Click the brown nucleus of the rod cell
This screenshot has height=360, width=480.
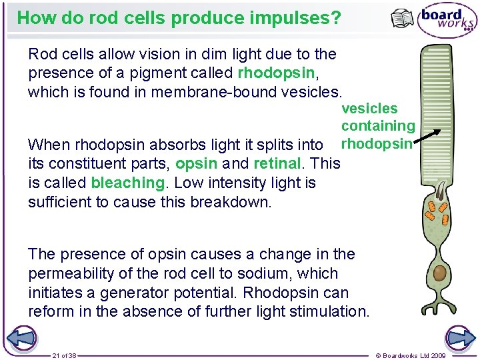coord(440,273)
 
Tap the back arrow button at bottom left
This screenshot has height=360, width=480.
coord(21,338)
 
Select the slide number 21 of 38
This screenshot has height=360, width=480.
coord(64,355)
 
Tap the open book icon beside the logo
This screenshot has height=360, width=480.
coord(402,19)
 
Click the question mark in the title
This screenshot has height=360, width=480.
coord(335,18)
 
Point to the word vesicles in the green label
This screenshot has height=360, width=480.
coord(369,109)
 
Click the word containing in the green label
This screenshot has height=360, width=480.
coord(378,126)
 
